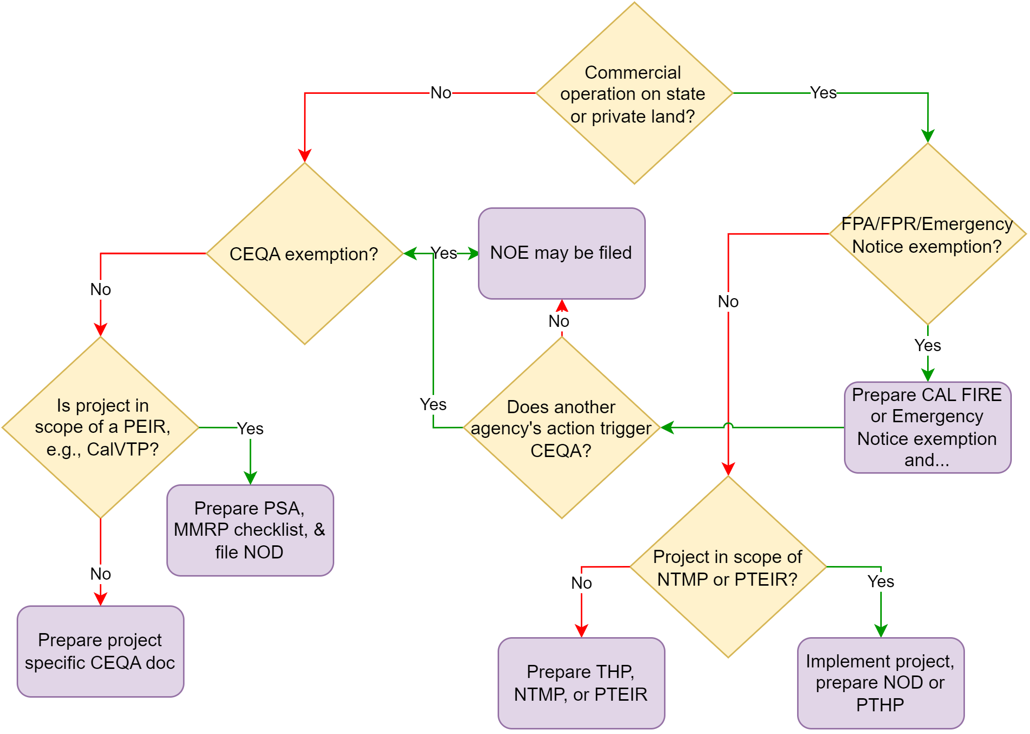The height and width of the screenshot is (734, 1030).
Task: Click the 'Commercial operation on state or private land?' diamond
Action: click(634, 93)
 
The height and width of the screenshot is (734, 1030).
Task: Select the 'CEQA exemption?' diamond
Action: click(304, 254)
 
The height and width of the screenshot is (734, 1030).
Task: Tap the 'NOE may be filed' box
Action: click(561, 253)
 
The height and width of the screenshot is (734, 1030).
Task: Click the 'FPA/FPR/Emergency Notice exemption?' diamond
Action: click(927, 235)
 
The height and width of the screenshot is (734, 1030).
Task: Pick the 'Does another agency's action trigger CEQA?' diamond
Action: click(561, 428)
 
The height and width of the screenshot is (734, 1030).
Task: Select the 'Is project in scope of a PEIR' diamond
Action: click(101, 427)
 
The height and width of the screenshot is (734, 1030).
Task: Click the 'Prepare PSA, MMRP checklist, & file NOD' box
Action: click(250, 530)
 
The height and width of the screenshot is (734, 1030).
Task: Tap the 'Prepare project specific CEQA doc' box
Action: click(100, 651)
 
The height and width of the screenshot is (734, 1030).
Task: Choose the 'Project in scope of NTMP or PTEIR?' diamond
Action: click(728, 568)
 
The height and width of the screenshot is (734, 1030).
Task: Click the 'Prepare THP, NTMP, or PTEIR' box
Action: click(581, 683)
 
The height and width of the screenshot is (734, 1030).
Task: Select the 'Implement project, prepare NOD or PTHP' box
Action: click(880, 683)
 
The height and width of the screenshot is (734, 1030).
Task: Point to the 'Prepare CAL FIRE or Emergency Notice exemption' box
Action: click(927, 427)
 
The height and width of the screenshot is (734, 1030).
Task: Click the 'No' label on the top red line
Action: click(441, 93)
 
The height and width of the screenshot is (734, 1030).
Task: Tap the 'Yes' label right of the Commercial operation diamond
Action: click(823, 93)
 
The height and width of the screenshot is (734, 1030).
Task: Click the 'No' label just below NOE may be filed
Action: click(559, 321)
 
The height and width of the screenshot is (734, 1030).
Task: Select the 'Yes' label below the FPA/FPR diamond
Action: click(928, 346)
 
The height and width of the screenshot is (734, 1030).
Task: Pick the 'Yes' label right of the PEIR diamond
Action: click(250, 429)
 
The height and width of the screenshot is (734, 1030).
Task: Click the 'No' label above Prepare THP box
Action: click(581, 583)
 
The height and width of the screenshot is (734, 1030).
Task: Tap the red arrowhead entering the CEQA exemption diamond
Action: click(305, 155)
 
